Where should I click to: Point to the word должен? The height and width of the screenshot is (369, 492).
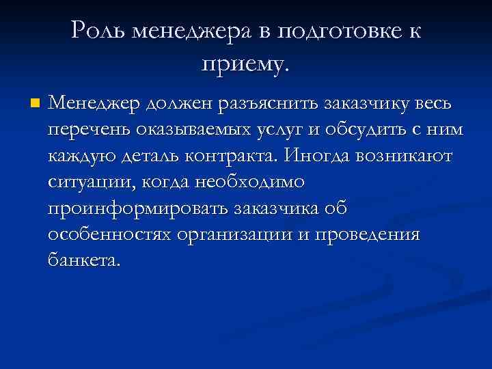pos(176,104)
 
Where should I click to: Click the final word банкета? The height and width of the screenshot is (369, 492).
pos(83,260)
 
